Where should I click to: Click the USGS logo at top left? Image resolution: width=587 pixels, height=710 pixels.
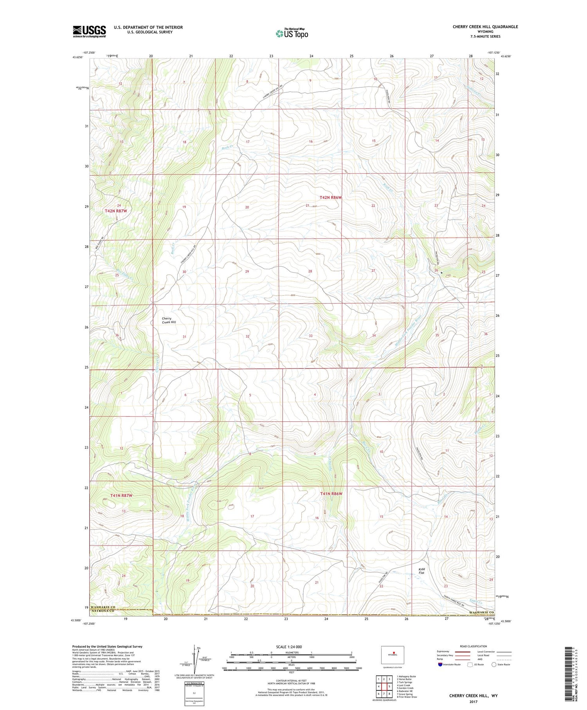click(89, 31)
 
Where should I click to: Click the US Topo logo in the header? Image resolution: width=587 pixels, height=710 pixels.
click(292, 33)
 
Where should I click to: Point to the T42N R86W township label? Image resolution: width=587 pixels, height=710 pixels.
click(331, 198)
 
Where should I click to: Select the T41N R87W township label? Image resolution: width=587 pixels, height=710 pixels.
click(121, 495)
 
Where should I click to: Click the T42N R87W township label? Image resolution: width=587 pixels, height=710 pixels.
click(116, 211)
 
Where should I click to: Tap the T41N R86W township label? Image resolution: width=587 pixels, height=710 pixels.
click(331, 494)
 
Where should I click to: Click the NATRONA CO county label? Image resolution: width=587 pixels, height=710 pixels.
click(102, 611)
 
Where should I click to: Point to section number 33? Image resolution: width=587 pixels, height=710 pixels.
click(311, 336)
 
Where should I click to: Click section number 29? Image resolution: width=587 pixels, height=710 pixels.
click(247, 271)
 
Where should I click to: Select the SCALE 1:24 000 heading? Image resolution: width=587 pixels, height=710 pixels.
click(289, 647)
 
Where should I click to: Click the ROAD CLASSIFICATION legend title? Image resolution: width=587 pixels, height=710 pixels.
click(474, 646)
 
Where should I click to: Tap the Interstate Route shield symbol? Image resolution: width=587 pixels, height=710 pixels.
click(440, 665)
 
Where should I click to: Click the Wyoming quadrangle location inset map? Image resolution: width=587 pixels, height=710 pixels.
click(392, 654)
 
